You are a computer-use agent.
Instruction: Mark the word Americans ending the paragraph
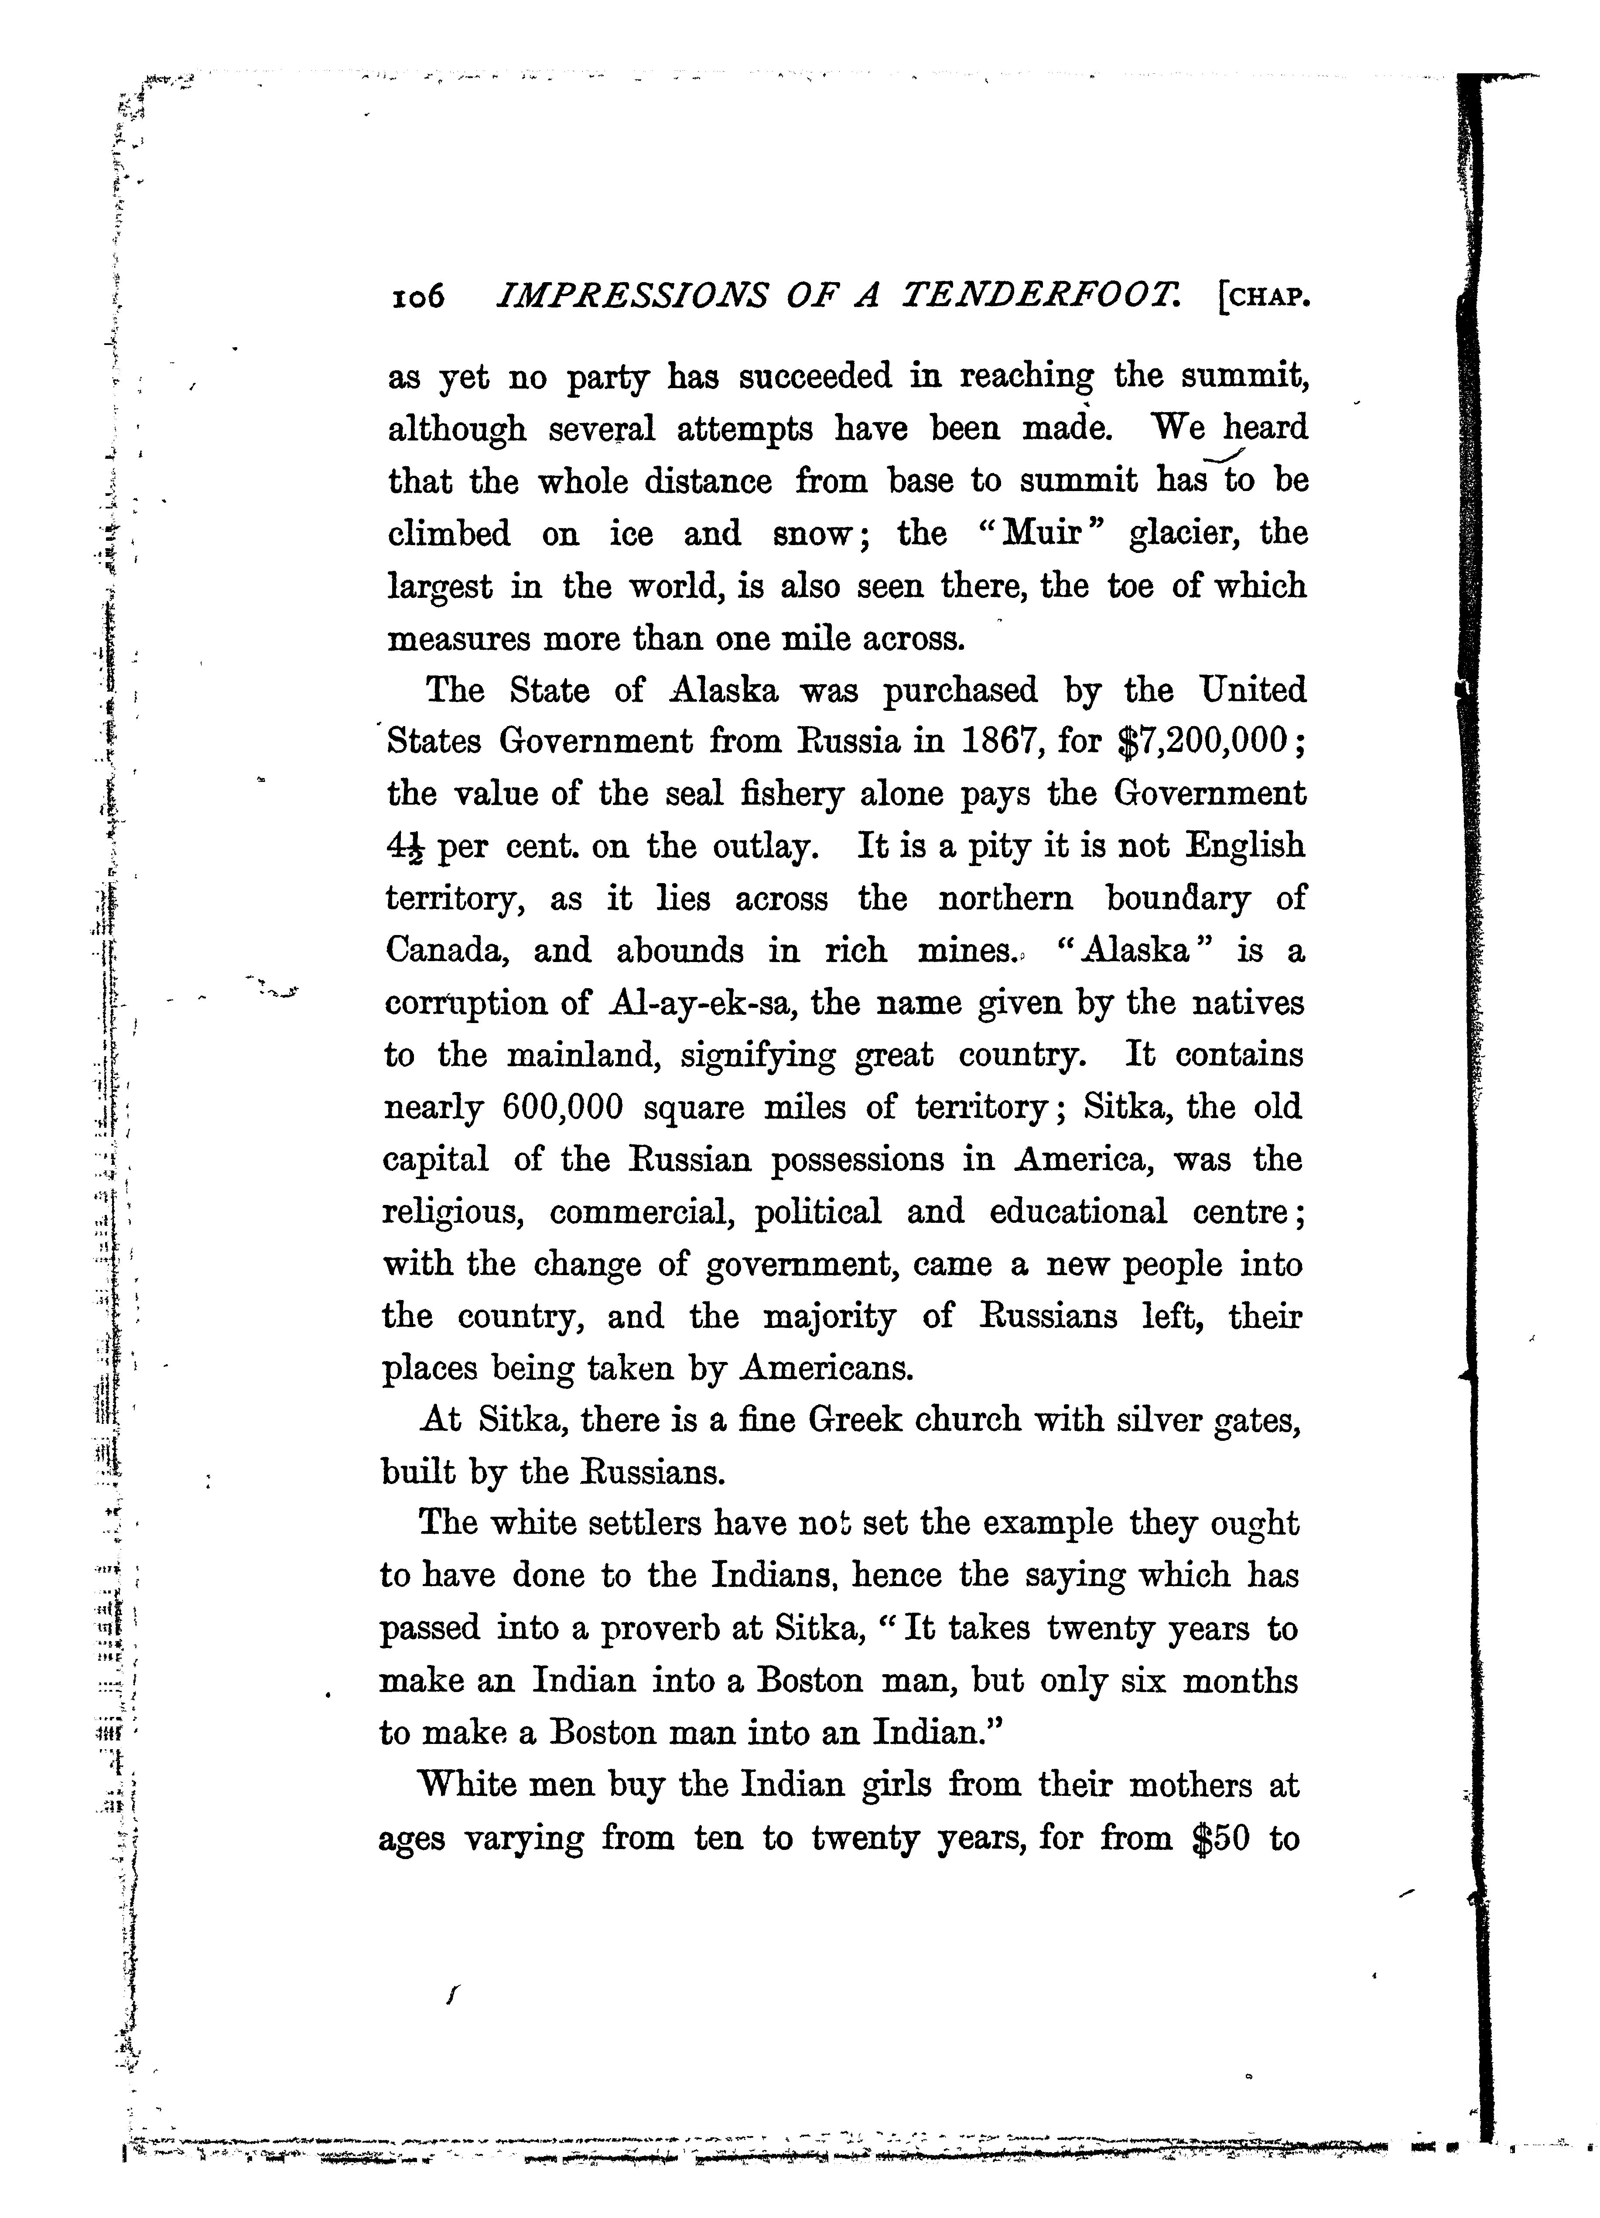[x=825, y=1368]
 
